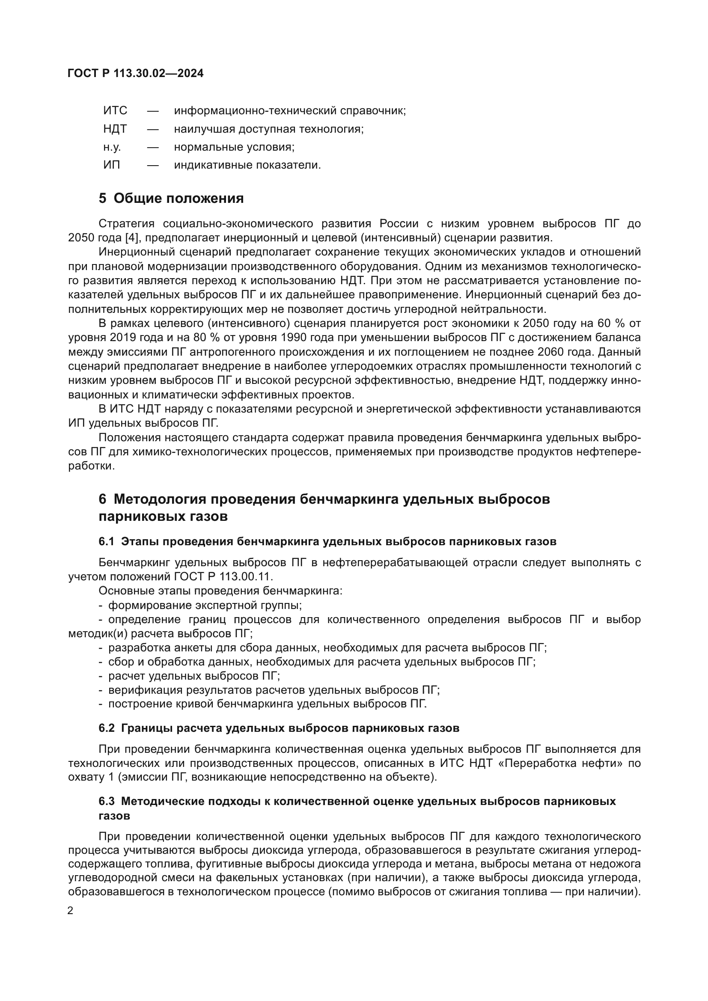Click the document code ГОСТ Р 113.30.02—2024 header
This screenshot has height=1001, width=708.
[136, 73]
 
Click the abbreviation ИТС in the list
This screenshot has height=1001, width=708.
[115, 111]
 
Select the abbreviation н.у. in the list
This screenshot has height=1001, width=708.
[112, 147]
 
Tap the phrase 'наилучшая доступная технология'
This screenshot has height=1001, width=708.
[268, 129]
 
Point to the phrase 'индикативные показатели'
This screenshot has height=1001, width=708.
[247, 165]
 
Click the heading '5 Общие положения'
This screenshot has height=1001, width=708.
[171, 199]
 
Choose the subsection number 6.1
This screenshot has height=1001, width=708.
[106, 542]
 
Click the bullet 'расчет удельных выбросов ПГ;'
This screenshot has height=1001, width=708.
[193, 676]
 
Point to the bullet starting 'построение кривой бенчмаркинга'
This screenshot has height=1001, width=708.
[267, 704]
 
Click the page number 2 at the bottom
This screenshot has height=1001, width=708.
[71, 910]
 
